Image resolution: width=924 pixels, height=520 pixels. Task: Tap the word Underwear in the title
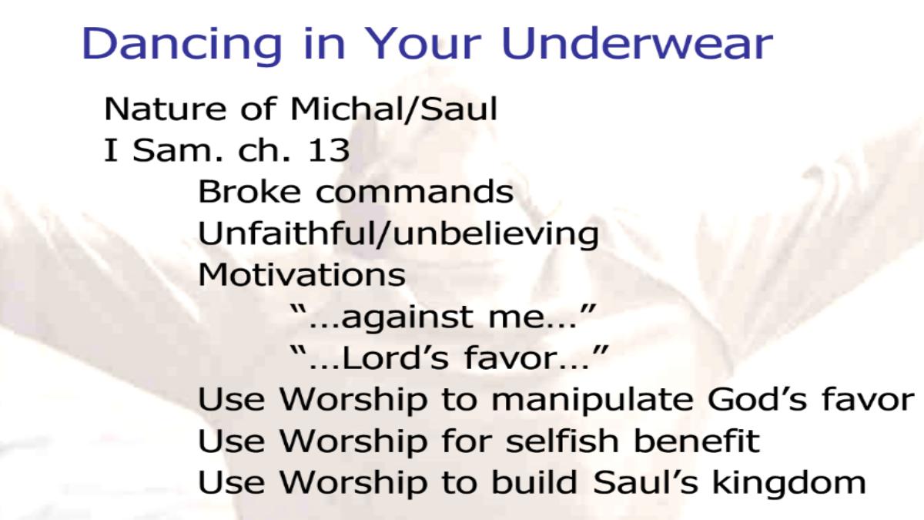point(637,43)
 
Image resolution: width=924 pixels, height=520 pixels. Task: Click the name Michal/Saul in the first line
point(393,109)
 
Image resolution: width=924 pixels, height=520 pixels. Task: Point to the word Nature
point(165,109)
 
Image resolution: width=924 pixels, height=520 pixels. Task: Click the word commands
point(414,191)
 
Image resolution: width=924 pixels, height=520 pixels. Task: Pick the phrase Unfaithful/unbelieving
point(398,233)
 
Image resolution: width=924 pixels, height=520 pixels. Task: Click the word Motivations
point(302,274)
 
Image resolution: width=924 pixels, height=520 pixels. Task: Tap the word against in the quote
point(407,317)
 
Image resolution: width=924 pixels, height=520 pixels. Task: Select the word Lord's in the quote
point(395,357)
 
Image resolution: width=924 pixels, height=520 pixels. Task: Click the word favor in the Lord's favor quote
point(509,357)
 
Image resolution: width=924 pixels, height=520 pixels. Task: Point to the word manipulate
point(592,401)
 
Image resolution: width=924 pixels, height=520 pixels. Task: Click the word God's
point(756,399)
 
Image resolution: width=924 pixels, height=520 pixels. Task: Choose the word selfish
point(562,440)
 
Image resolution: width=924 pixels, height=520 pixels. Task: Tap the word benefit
point(696,440)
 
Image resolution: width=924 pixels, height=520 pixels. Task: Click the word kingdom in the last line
point(788,482)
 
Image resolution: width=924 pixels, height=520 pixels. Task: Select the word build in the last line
point(534,481)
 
